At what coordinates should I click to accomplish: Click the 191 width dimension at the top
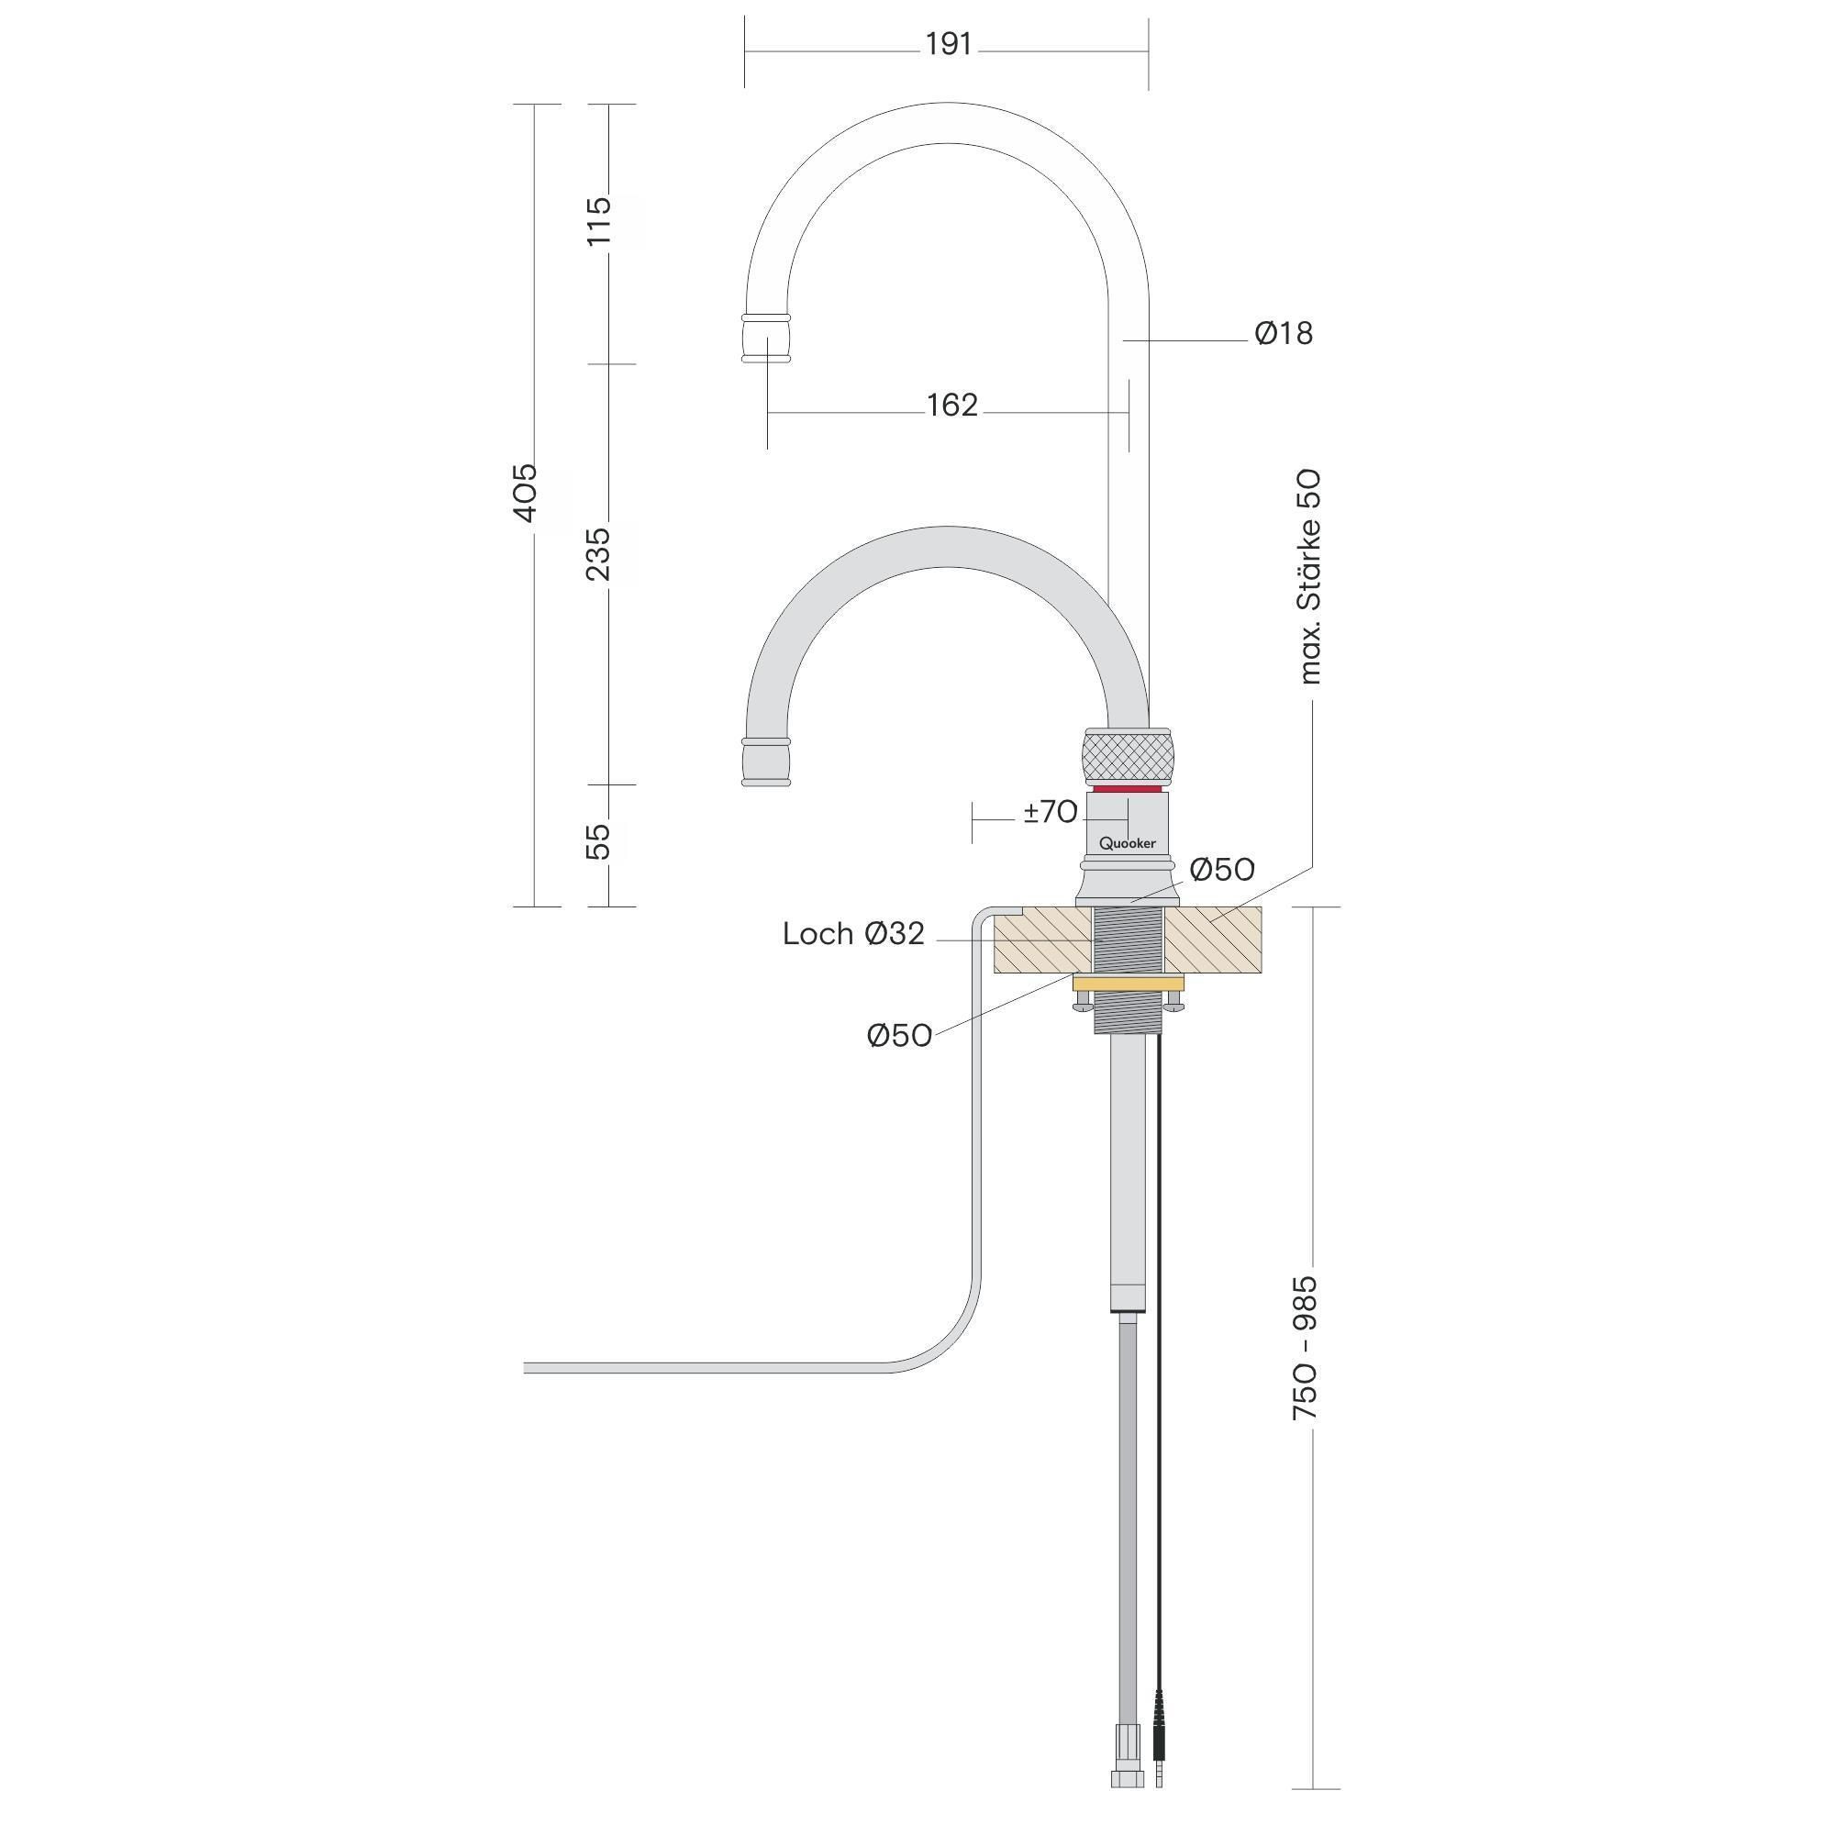[948, 44]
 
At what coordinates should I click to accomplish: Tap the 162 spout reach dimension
[951, 406]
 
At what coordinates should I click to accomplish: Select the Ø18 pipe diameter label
[1284, 333]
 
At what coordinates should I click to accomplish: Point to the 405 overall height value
[525, 492]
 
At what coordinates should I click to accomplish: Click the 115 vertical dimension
[598, 221]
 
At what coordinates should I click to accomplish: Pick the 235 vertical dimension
[598, 555]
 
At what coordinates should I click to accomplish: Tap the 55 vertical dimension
[598, 841]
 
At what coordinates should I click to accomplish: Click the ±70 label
[1051, 812]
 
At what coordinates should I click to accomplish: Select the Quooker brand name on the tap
[1128, 842]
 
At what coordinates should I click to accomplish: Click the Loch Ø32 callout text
[853, 934]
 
